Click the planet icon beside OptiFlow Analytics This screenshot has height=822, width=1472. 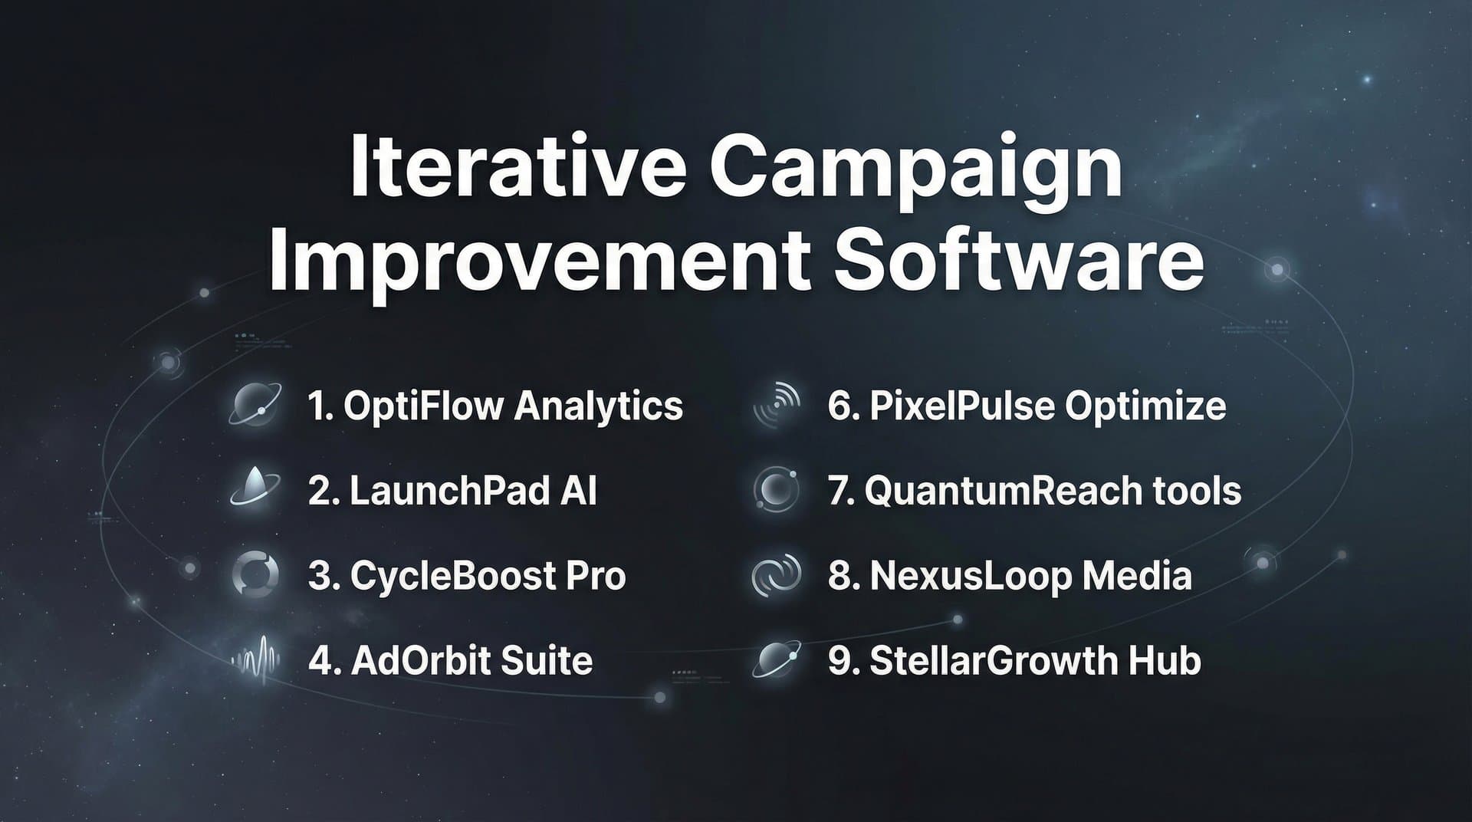tap(255, 405)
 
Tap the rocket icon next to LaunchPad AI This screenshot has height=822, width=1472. tap(255, 489)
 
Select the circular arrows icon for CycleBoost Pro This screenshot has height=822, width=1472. tap(255, 574)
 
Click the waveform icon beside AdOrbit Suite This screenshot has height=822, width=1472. tap(255, 660)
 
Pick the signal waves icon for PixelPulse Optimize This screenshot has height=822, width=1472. tap(777, 405)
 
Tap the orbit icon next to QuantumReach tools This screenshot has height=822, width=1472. tap(777, 489)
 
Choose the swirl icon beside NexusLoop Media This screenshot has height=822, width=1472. tap(777, 575)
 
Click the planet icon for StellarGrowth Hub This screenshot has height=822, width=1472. tap(777, 659)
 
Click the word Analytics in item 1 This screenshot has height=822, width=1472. tap(598, 406)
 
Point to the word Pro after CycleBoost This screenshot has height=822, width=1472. tap(595, 576)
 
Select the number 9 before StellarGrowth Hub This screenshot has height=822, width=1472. tap(839, 661)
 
